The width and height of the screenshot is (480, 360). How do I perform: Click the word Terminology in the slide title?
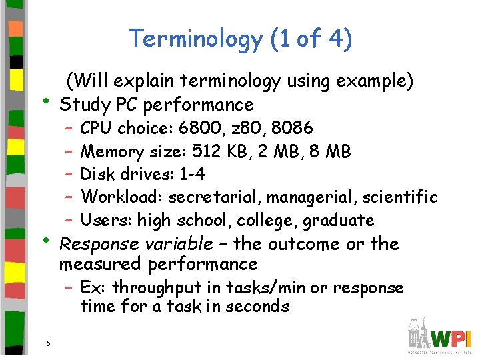coord(195,39)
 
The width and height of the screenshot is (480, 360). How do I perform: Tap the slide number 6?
coord(48,343)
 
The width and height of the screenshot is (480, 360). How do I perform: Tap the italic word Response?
coord(98,244)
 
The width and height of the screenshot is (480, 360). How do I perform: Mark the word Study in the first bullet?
coord(85,105)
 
